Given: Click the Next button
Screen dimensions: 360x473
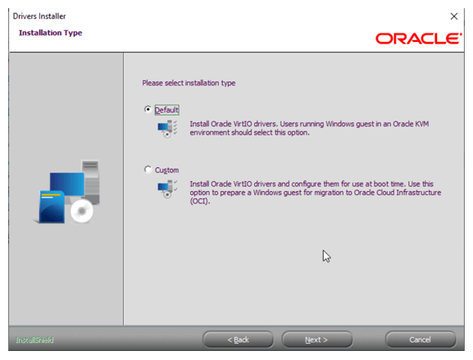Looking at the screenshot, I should pyautogui.click(x=316, y=339).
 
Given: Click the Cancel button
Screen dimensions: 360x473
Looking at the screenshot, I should pyautogui.click(x=420, y=339).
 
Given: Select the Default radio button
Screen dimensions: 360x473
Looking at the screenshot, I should pyautogui.click(x=148, y=109).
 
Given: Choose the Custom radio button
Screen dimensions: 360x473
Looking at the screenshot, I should pyautogui.click(x=148, y=170).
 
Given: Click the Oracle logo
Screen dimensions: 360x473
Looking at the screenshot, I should pyautogui.click(x=418, y=38).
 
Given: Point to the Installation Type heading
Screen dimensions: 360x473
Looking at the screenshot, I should pyautogui.click(x=50, y=33).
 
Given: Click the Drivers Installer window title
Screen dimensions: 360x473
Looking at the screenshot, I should pyautogui.click(x=39, y=16).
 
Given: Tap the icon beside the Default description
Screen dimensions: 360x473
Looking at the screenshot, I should pyautogui.click(x=166, y=129).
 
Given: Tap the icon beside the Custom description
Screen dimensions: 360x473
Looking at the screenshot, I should pyautogui.click(x=166, y=189).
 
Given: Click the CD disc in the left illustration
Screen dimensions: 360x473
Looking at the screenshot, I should pyautogui.click(x=82, y=212).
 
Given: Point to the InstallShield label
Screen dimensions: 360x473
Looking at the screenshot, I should pyautogui.click(x=34, y=339).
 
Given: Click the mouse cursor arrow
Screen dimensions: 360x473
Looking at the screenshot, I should pyautogui.click(x=325, y=255).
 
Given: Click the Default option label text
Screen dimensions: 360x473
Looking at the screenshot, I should pyautogui.click(x=166, y=110).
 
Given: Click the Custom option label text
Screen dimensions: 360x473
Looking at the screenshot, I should pyautogui.click(x=166, y=171).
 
